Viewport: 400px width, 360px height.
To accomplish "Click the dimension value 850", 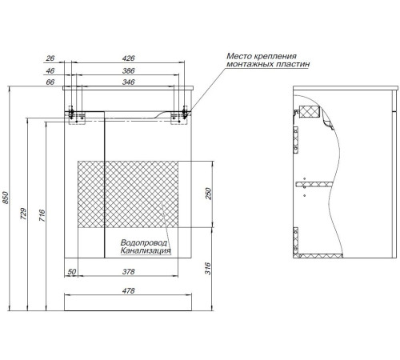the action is [6, 198].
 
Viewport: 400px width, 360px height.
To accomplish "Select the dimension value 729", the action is [24, 214].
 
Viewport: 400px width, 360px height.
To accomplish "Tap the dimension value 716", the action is [42, 215].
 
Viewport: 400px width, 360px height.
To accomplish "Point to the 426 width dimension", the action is [128, 58].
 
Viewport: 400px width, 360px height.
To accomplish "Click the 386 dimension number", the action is [128, 70].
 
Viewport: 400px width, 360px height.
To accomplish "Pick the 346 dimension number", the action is [128, 82].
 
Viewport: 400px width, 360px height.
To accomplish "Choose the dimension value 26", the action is [50, 58].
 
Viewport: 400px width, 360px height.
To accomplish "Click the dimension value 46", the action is [50, 70].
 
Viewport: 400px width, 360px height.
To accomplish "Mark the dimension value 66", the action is [50, 82].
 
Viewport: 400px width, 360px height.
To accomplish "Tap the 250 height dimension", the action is [208, 194].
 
